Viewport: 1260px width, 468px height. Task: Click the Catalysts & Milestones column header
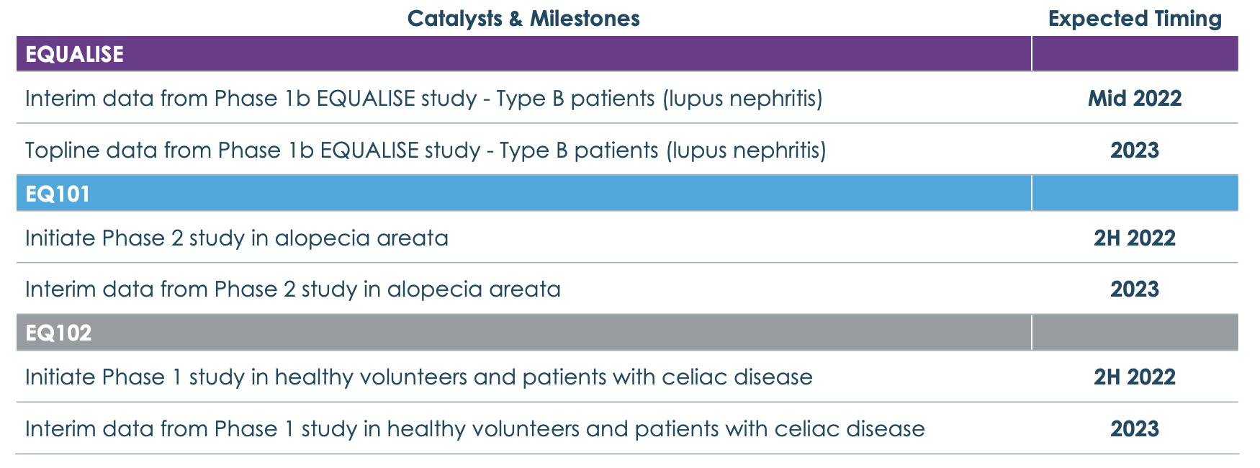[x=523, y=19]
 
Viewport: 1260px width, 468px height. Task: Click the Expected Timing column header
[x=1135, y=19]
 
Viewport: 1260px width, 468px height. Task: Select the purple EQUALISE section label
[x=75, y=54]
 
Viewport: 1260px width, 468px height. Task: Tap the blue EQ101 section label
[x=58, y=194]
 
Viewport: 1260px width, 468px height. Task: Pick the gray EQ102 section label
[x=58, y=333]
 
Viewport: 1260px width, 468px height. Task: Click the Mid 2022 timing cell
[x=1135, y=99]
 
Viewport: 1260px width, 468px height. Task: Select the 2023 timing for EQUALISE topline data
[x=1135, y=150]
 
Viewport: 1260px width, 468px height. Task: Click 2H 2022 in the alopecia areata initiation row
[x=1135, y=238]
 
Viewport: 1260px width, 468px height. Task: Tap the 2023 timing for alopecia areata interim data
[x=1135, y=289]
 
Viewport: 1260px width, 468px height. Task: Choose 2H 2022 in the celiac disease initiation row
[x=1135, y=377]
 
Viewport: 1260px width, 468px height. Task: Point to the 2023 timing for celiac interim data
[x=1135, y=429]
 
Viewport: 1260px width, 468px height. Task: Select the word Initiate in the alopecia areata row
[x=60, y=238]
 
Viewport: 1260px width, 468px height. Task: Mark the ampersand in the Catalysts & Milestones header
[x=516, y=19]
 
